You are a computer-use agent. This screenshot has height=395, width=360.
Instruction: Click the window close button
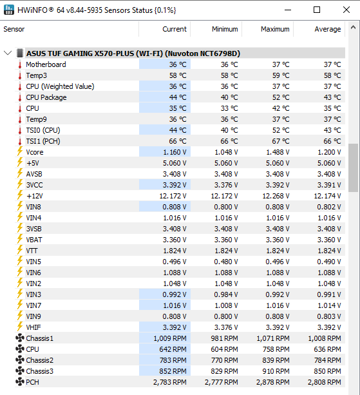coord(346,10)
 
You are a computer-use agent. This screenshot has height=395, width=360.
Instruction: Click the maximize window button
coord(317,10)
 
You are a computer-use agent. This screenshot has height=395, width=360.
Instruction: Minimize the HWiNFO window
coord(288,10)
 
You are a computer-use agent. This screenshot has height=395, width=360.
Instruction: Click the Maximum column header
coord(275,29)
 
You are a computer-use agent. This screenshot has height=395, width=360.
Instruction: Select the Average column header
coord(328,29)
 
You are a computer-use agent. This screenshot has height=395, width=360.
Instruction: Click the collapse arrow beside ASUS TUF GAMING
coord(8,53)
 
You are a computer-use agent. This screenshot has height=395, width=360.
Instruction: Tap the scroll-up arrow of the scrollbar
coord(353,27)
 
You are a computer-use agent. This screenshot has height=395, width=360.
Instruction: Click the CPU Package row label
coord(46,97)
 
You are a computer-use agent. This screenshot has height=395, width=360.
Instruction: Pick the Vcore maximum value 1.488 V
coord(278,152)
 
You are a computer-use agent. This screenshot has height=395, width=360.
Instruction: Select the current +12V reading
coord(173,196)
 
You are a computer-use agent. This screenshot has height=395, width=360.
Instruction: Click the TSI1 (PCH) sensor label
coord(43,141)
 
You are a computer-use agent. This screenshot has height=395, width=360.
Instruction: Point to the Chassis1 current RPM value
coord(170,338)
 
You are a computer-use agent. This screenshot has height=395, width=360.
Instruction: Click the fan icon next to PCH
coord(20,382)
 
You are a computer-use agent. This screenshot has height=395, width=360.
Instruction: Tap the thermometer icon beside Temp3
coord(20,75)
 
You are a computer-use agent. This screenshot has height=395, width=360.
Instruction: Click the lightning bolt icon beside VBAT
coord(20,239)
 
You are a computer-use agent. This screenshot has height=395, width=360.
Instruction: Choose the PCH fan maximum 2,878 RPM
coord(273,382)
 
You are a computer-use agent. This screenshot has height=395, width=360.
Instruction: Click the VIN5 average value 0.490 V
coord(329,262)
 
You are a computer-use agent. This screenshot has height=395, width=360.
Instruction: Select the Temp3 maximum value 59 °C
coord(281,75)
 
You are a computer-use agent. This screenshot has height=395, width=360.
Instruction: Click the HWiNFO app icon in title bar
coord(9,10)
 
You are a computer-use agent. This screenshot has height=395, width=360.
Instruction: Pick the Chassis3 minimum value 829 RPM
coord(225,371)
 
